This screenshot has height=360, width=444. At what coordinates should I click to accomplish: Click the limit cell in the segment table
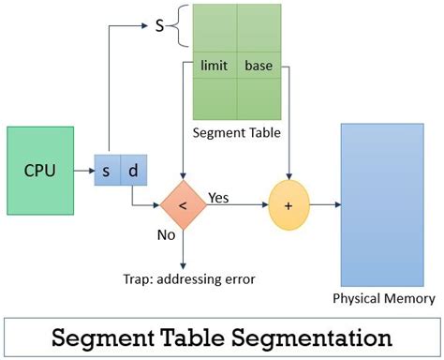point(215,67)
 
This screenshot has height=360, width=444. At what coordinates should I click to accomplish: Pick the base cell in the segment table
point(259,67)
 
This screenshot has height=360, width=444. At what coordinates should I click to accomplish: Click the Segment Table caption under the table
point(238,132)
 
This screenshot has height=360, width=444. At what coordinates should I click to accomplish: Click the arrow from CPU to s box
point(84,171)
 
